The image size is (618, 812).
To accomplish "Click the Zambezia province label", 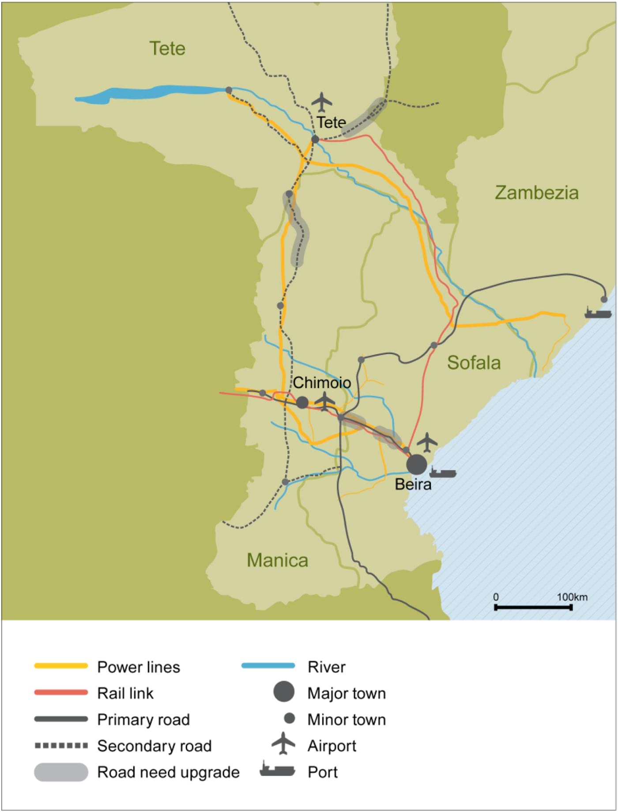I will (x=536, y=193).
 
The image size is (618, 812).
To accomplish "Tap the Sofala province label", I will (x=474, y=363).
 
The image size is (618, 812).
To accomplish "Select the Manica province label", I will (x=277, y=560).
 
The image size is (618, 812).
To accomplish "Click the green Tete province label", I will (x=167, y=49).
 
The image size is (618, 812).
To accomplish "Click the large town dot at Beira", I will (x=416, y=464).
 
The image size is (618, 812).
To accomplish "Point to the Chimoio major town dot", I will (x=302, y=402).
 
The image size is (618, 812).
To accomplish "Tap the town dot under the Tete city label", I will (x=315, y=140).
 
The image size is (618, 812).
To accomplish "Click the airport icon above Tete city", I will (x=322, y=102).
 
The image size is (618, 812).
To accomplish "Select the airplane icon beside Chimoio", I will (x=325, y=401).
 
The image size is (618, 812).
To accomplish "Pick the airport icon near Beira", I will (x=427, y=442).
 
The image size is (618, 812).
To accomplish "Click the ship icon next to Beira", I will (x=443, y=472).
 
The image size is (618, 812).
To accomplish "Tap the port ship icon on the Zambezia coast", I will (x=598, y=312).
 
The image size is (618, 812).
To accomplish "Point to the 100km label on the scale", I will (x=572, y=597).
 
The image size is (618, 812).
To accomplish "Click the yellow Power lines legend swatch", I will (x=61, y=666).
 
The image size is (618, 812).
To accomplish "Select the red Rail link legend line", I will (x=61, y=693).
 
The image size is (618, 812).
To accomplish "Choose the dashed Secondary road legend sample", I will (x=61, y=746).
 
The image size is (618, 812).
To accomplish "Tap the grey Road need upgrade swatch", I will (x=61, y=772).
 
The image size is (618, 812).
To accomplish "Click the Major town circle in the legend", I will (x=284, y=692).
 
